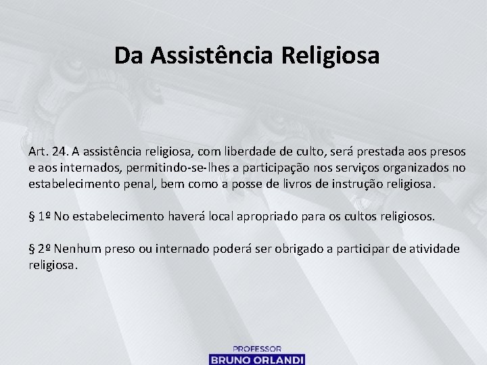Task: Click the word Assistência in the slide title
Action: click(214, 55)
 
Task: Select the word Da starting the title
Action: click(129, 55)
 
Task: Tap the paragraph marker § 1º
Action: click(39, 216)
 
